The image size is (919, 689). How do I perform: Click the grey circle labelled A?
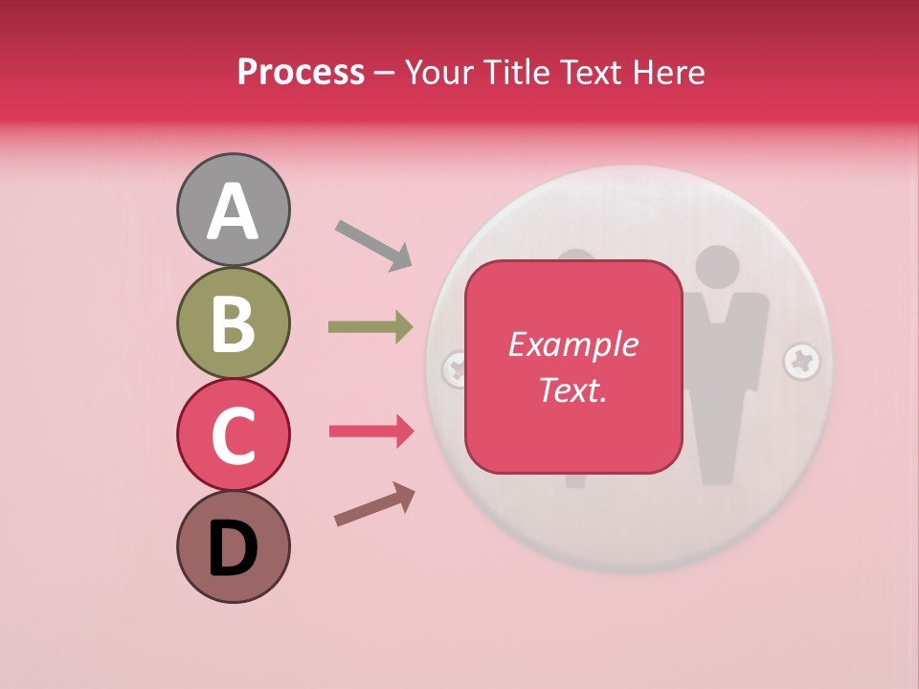233,210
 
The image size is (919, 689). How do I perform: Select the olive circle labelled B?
233,322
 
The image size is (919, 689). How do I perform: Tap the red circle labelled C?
233,434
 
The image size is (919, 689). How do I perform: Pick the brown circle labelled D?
233,546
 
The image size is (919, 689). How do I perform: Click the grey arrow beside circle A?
373,244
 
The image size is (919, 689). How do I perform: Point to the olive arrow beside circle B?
370,327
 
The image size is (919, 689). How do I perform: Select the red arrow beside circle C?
370,432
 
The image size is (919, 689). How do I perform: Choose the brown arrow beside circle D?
374,504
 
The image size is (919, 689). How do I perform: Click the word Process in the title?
301,72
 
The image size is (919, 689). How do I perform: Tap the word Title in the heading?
516,72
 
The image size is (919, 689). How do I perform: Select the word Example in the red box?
572,344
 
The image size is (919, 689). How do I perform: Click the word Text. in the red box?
572,389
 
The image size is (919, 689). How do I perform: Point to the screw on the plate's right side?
801,362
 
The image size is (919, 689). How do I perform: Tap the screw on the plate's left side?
454,367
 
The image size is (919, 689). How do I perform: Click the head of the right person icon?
717,269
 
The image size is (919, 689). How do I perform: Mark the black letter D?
233,548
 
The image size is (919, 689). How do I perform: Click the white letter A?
233,211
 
